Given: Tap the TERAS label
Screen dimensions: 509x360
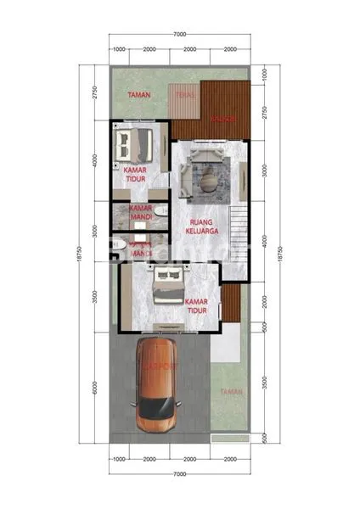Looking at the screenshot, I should [183, 95].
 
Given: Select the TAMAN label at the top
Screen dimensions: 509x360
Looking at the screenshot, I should [139, 95].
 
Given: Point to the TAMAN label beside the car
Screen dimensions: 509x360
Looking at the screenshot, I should [230, 391].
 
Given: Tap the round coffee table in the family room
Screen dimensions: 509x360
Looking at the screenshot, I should [206, 179].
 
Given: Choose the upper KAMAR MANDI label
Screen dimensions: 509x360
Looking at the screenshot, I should [139, 212].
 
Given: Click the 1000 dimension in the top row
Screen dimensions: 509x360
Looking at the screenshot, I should [120, 49].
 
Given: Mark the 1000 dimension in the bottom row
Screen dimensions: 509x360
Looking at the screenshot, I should [120, 458].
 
